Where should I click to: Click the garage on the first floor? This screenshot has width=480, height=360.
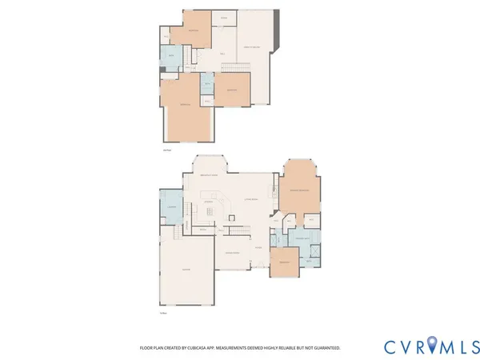click(186, 270)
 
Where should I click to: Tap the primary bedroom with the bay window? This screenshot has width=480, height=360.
click(300, 189)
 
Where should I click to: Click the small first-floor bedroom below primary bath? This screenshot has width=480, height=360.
click(282, 264)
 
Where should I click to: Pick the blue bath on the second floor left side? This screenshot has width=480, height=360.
click(170, 56)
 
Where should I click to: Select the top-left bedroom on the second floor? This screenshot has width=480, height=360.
click(193, 29)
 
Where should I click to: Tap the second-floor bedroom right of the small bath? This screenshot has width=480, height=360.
click(232, 90)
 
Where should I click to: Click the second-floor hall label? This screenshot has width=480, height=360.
click(222, 54)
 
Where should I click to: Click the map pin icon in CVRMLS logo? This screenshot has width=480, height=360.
click(433, 346)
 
